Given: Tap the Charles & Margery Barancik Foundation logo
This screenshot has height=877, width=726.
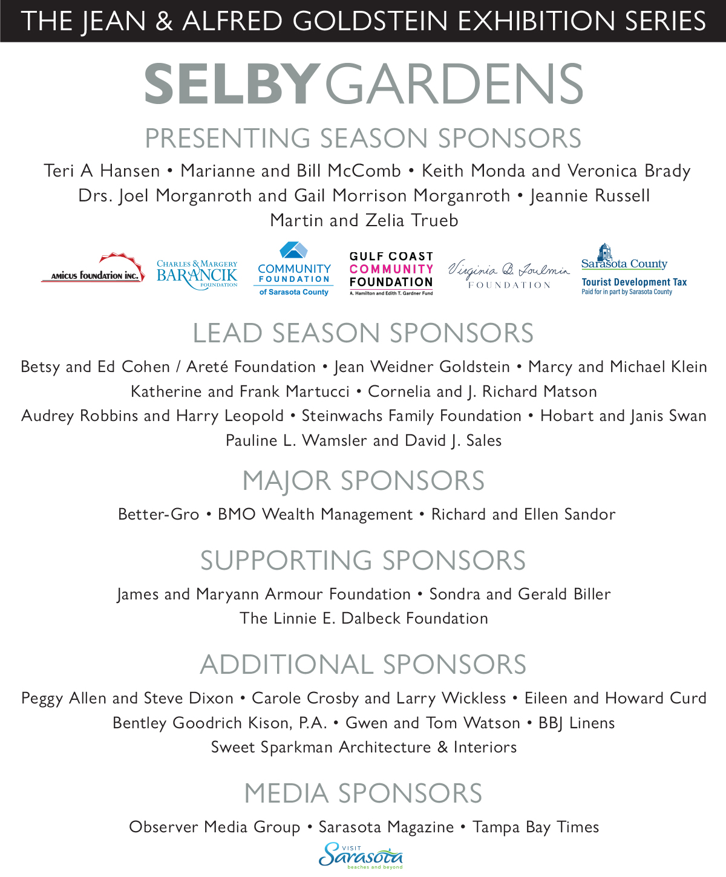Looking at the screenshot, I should tap(197, 274).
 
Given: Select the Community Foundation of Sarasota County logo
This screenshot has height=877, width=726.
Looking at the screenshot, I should tap(294, 270).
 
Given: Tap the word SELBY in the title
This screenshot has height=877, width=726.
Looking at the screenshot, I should tap(232, 85).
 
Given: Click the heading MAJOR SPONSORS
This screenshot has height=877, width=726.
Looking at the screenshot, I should tap(363, 481).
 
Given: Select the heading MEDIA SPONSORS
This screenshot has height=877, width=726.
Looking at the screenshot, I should tap(363, 794).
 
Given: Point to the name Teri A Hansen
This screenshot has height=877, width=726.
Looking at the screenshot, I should tap(102, 171).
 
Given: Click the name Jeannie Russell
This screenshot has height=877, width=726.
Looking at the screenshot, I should tap(590, 196).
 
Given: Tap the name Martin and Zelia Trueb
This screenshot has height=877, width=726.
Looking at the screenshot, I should tap(364, 220).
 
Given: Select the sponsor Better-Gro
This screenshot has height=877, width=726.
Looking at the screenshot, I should tap(159, 515).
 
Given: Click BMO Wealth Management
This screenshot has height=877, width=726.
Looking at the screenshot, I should tap(315, 515).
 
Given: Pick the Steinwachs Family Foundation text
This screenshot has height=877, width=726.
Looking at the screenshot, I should tap(411, 416).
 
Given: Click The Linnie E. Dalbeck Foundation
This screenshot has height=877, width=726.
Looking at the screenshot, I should tap(364, 619).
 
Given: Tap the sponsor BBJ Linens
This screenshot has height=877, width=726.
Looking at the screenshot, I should tap(577, 723).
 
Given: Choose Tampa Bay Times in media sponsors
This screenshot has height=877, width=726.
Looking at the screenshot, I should tap(535, 827).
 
